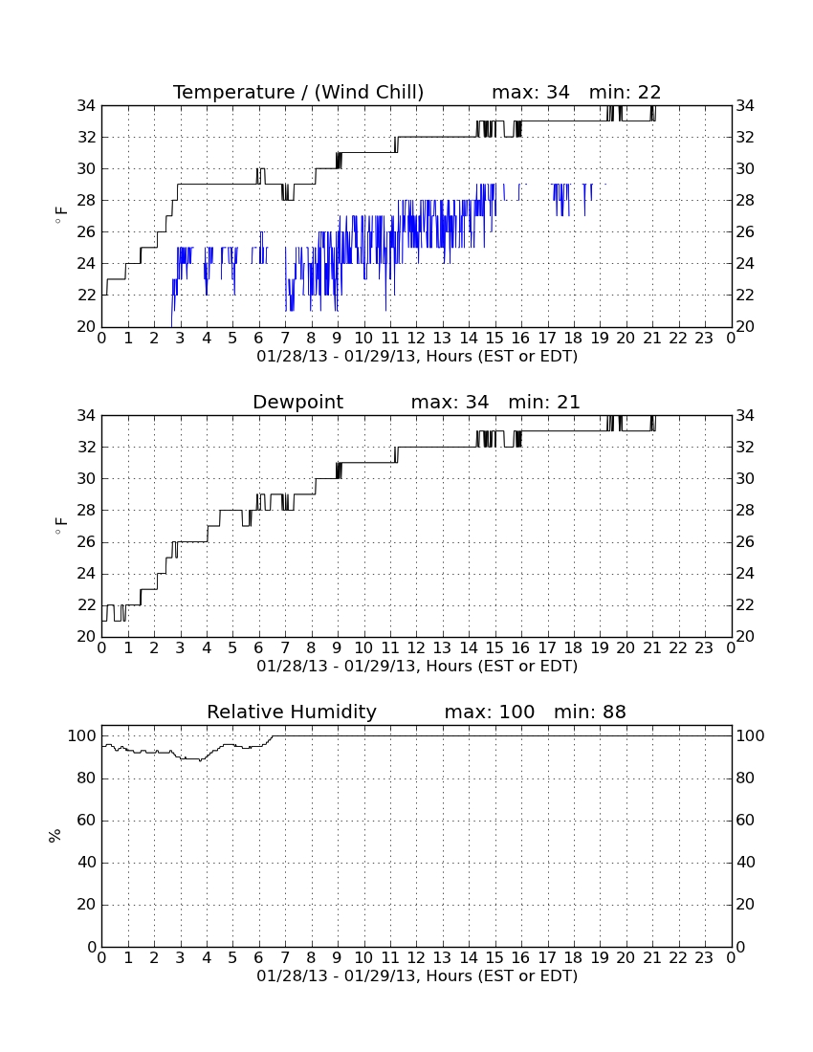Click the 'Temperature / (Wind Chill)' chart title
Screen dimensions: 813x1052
pyautogui.click(x=298, y=92)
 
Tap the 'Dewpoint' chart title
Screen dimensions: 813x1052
pyautogui.click(x=297, y=402)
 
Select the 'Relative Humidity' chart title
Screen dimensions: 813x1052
pyautogui.click(x=292, y=712)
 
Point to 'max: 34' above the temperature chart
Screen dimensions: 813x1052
pyautogui.click(x=531, y=92)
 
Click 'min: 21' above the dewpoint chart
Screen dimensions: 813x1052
pyautogui.click(x=544, y=402)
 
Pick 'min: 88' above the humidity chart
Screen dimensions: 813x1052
pyautogui.click(x=589, y=712)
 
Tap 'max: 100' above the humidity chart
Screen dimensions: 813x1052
pyautogui.click(x=490, y=712)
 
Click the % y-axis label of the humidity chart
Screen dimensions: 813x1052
pyautogui.click(x=55, y=835)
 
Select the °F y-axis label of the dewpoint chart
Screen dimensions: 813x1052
pyautogui.click(x=60, y=525)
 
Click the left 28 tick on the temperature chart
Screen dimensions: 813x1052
pyautogui.click(x=86, y=201)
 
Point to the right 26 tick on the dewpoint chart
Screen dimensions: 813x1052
pyautogui.click(x=745, y=541)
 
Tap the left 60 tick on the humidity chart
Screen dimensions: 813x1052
pyautogui.click(x=87, y=820)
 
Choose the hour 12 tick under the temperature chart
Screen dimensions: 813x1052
pyautogui.click(x=416, y=339)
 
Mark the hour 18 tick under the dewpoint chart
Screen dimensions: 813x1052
pyautogui.click(x=573, y=648)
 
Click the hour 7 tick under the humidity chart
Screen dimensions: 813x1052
pyautogui.click(x=285, y=958)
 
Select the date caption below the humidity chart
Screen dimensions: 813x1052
pyautogui.click(x=417, y=975)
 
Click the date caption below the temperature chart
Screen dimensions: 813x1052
pyautogui.click(x=417, y=356)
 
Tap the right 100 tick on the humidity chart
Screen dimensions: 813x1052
pyautogui.click(x=750, y=736)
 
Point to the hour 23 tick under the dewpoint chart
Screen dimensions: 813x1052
pyautogui.click(x=704, y=648)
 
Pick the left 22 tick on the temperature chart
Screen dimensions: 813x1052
pyautogui.click(x=86, y=296)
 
